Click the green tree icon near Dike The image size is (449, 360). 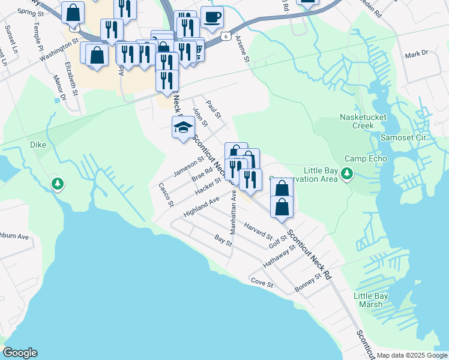coord(58,184)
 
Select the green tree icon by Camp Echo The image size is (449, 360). coord(346,174)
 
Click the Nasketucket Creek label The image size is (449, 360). coord(357,121)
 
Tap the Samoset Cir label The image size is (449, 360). coord(403,137)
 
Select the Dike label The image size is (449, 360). coord(38,145)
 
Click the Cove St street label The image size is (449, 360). coord(262,282)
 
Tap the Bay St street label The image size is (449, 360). coord(223,240)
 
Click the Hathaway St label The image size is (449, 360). coord(280,256)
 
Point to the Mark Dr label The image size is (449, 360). coord(416,54)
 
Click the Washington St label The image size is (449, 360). coord(59,50)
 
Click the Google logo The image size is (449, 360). coord(20,353)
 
